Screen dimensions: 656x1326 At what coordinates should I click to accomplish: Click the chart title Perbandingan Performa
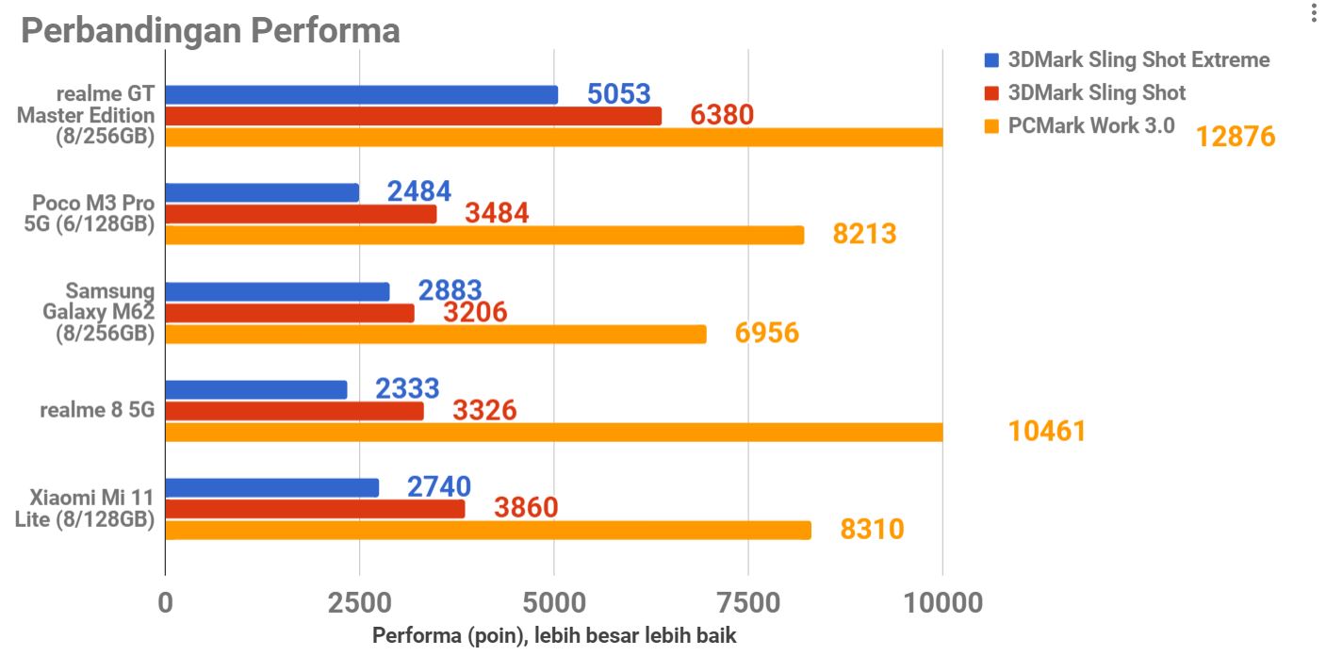pos(210,30)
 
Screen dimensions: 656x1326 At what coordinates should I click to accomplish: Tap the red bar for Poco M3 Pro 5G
pos(301,214)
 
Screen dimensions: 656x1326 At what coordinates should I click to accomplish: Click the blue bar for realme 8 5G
pos(256,389)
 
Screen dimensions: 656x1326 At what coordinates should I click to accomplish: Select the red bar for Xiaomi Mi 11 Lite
pos(315,509)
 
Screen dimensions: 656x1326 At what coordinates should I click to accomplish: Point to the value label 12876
pos(1235,137)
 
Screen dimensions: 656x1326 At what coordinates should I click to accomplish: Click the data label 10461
pos(1046,432)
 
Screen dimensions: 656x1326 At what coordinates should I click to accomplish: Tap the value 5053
pos(618,94)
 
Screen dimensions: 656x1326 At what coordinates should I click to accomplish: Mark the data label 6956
pos(766,333)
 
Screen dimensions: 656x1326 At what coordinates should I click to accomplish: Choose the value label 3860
pos(526,508)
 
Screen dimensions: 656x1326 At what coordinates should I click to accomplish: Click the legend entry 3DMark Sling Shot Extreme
pos(1138,60)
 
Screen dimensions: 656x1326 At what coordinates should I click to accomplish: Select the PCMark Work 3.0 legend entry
pos(1090,125)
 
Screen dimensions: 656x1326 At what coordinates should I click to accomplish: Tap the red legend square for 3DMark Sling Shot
pos(990,93)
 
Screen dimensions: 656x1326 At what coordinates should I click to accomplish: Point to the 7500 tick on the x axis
pos(748,602)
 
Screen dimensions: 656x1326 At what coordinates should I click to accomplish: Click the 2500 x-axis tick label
pos(359,602)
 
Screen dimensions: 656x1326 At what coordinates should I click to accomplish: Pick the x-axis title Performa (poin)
pos(554,635)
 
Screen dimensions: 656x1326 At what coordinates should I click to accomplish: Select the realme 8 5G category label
pos(97,410)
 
